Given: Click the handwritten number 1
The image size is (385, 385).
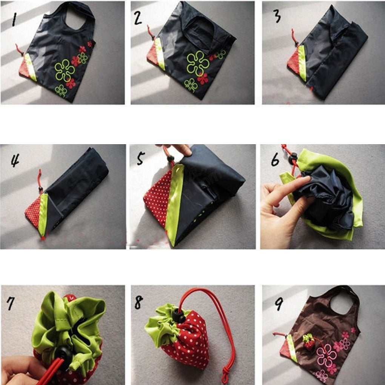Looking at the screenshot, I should [x=15, y=19].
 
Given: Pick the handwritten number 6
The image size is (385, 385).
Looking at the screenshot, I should [x=275, y=160].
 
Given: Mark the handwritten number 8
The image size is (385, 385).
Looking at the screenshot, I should [x=139, y=302].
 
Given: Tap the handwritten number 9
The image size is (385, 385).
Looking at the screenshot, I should [x=279, y=302].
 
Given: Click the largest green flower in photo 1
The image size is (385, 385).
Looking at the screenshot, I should [x=65, y=70].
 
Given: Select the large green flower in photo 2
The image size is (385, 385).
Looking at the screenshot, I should [x=197, y=63].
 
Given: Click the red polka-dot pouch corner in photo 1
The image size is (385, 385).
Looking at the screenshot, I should [x=25, y=68].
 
